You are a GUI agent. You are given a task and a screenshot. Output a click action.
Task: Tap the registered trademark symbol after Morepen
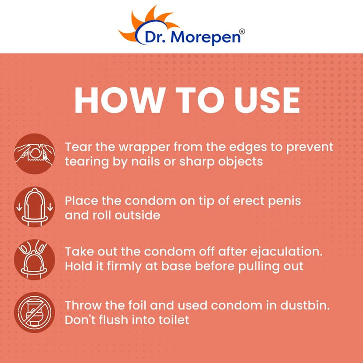pyautogui.click(x=242, y=32)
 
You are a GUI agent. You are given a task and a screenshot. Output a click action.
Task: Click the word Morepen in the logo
pyautogui.click(x=206, y=37)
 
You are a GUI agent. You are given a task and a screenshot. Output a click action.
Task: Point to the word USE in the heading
pyautogui.click(x=267, y=100)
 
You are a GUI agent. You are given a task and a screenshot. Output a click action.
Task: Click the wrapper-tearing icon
pyautogui.click(x=34, y=154)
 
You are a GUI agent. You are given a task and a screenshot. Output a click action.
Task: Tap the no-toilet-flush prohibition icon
pyautogui.click(x=34, y=313)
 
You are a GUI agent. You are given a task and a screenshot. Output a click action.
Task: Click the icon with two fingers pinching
pyautogui.click(x=34, y=260)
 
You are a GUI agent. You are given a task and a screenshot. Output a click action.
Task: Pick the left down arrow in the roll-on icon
pyautogui.click(x=19, y=207)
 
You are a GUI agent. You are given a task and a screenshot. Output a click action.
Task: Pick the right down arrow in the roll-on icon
pyautogui.click(x=50, y=207)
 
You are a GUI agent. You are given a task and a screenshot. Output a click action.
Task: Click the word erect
pyautogui.click(x=249, y=201)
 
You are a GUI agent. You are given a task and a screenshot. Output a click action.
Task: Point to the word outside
pyautogui.click(x=137, y=215)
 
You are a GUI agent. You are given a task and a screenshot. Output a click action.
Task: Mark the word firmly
pyautogui.click(x=124, y=267)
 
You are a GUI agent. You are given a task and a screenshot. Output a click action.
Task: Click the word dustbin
pyautogui.click(x=305, y=305)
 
